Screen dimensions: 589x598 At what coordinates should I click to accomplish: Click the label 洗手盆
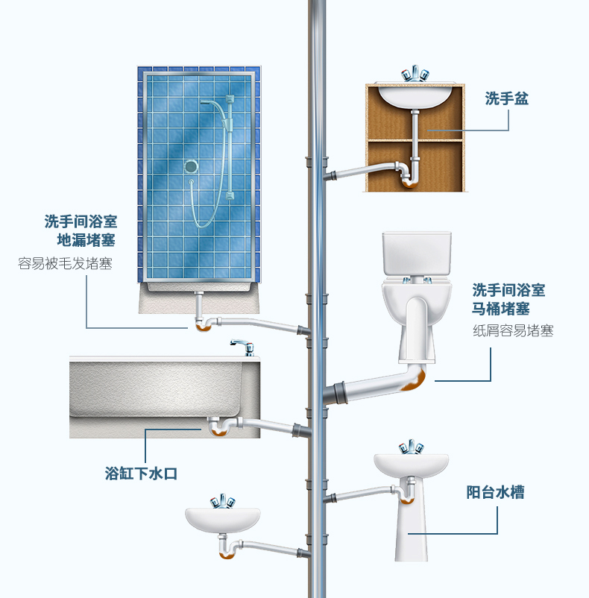click(x=507, y=98)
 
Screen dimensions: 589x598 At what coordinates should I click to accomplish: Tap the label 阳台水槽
click(x=495, y=492)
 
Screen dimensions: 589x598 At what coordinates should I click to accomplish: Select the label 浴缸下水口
click(x=141, y=473)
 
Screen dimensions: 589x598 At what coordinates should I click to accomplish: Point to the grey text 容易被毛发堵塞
click(x=65, y=263)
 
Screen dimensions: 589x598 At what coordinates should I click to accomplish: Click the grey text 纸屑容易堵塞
click(x=513, y=330)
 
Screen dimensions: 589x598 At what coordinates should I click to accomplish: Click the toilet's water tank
click(x=417, y=254)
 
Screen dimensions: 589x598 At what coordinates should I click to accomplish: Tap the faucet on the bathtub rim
click(x=242, y=347)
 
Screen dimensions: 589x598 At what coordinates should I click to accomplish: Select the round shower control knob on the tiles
click(x=191, y=167)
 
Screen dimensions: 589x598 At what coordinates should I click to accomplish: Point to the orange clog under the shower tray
click(x=204, y=327)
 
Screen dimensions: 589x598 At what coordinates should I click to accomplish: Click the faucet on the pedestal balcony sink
click(x=411, y=447)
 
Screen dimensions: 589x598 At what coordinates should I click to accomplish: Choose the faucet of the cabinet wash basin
click(x=415, y=74)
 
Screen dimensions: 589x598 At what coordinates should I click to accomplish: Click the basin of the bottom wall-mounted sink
click(x=223, y=520)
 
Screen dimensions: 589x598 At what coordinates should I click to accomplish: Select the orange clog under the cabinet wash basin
click(x=409, y=184)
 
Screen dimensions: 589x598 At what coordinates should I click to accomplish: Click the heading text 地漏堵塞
click(x=86, y=240)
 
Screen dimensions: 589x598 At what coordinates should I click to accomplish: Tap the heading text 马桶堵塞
click(x=501, y=309)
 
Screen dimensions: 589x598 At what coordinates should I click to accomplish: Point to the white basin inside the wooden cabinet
click(x=415, y=96)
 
